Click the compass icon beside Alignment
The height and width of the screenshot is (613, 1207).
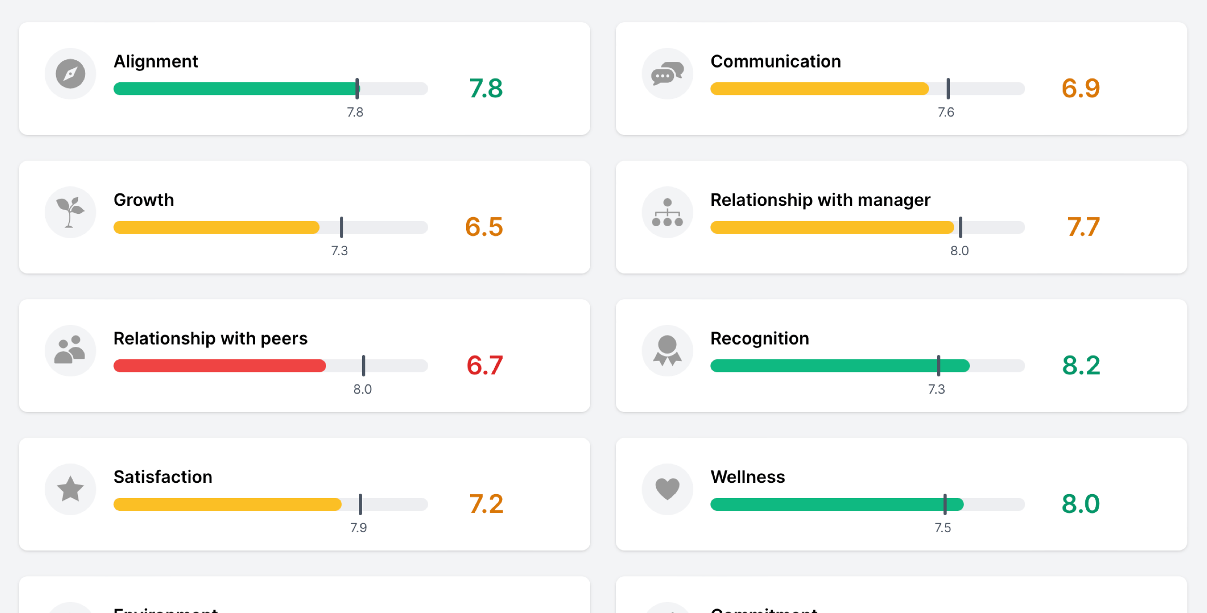click(70, 74)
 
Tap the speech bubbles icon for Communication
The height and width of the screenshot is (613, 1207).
click(667, 74)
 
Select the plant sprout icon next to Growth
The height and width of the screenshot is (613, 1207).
click(70, 212)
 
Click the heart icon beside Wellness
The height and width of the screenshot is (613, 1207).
click(667, 489)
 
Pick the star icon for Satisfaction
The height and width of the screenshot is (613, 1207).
click(70, 489)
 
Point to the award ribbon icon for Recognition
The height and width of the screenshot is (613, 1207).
click(667, 351)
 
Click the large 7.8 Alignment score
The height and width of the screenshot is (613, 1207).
click(486, 88)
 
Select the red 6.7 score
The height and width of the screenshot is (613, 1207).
click(484, 365)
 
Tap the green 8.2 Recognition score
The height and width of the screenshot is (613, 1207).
click(1081, 365)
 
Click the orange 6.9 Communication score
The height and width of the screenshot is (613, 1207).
click(1081, 88)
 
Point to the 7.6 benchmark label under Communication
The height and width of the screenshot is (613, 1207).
click(946, 112)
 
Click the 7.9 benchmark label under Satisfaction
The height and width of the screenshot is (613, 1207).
click(358, 527)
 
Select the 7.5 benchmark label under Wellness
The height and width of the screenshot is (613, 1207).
click(943, 527)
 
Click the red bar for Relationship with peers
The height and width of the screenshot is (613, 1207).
click(220, 365)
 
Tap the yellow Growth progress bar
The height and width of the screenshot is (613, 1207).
click(216, 227)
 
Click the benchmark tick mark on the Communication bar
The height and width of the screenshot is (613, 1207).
click(948, 88)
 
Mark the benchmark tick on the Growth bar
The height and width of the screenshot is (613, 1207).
click(341, 227)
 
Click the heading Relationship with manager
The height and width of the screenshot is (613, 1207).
click(820, 200)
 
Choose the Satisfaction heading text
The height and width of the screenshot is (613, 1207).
click(163, 477)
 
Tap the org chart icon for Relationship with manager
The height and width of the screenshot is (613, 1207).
click(667, 212)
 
